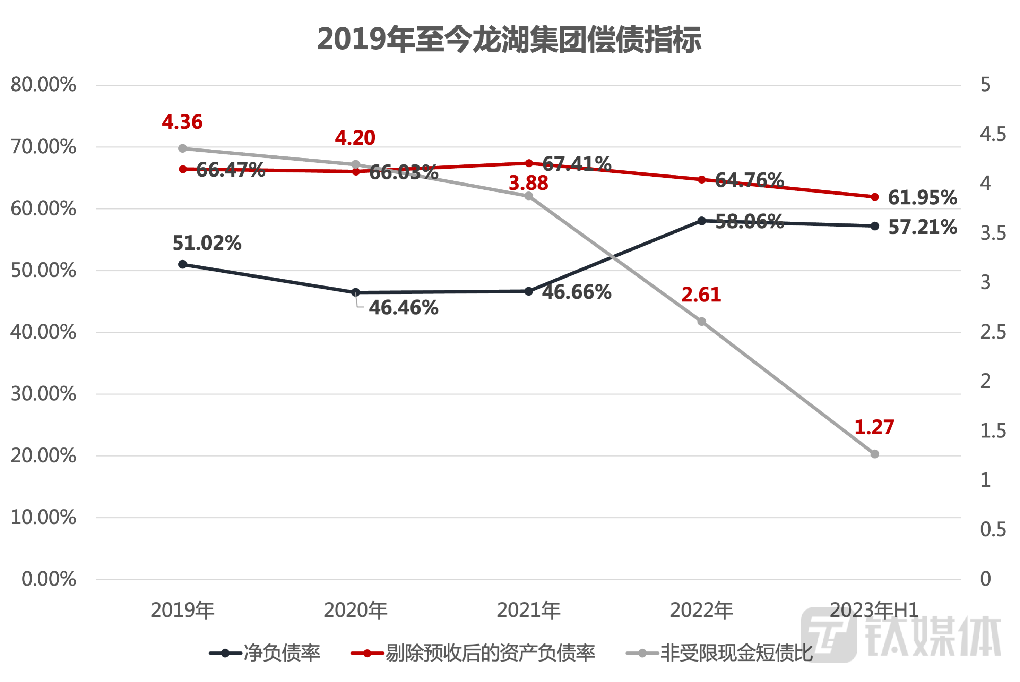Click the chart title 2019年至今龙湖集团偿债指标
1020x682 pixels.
(509, 39)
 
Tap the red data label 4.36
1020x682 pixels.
(182, 122)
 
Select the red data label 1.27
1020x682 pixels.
(874, 427)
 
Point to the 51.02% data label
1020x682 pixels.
(207, 243)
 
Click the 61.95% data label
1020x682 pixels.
(922, 198)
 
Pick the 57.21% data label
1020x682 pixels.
(922, 227)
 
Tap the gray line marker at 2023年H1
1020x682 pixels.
(875, 454)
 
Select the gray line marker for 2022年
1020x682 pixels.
(702, 322)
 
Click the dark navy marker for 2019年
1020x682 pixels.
(183, 264)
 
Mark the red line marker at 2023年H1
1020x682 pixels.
(875, 197)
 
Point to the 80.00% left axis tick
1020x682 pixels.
(43, 85)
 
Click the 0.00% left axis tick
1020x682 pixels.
(49, 579)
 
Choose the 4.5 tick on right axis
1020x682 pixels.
(992, 134)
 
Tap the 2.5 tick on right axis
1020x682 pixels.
(992, 332)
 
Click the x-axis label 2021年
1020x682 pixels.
(528, 610)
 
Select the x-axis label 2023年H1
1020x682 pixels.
(874, 610)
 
